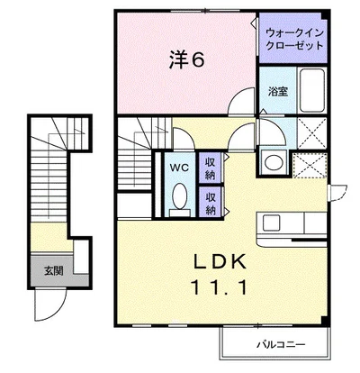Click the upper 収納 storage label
(x=210, y=167)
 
